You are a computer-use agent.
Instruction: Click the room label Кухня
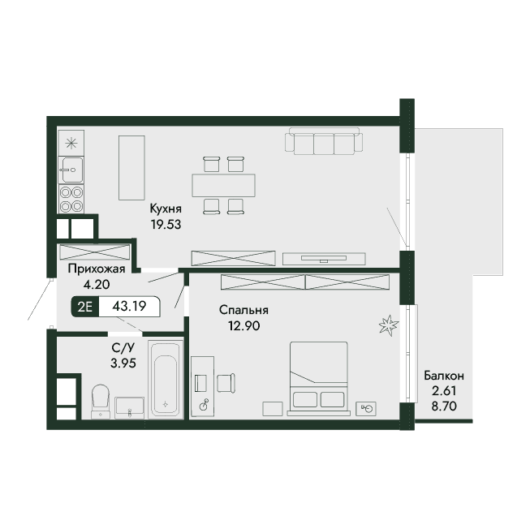[x=166, y=209]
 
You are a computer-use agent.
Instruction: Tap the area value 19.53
[x=166, y=224]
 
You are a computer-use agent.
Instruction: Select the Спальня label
[x=243, y=310]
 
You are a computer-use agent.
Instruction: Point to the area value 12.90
[x=243, y=325]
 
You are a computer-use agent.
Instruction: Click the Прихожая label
[x=97, y=269]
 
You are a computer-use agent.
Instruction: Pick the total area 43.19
[x=129, y=306]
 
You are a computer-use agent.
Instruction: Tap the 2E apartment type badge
[x=85, y=307]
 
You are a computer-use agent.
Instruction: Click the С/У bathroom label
[x=123, y=347]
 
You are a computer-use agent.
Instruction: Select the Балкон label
[x=444, y=376]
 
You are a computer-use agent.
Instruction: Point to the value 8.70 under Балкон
[x=444, y=406]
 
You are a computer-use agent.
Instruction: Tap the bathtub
[x=166, y=380]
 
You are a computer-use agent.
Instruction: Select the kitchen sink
[x=71, y=170]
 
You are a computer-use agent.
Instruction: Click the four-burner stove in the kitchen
[x=71, y=199]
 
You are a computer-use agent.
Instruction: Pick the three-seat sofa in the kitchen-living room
[x=324, y=141]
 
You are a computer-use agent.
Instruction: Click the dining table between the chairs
[x=223, y=185]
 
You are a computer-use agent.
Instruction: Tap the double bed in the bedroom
[x=318, y=378]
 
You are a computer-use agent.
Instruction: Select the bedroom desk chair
[x=226, y=383]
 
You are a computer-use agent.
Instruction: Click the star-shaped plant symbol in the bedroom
[x=389, y=325]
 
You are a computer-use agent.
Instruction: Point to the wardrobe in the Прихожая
[x=95, y=252]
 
